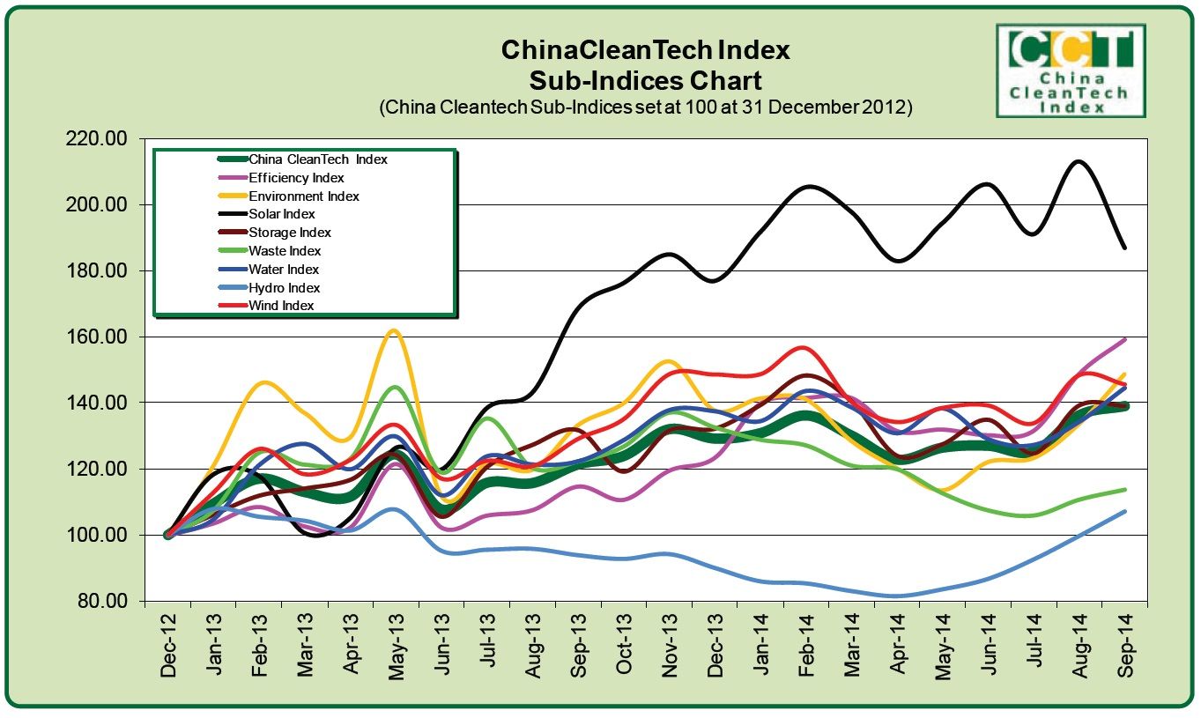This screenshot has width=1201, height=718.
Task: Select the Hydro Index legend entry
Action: pyautogui.click(x=284, y=288)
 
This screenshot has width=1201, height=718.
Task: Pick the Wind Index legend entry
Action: pyautogui.click(x=281, y=306)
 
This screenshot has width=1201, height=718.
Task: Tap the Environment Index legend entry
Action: pyautogui.click(x=304, y=196)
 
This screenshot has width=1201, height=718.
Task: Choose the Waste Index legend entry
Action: pyautogui.click(x=284, y=251)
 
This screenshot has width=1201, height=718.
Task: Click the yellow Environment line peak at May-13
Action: pyautogui.click(x=394, y=330)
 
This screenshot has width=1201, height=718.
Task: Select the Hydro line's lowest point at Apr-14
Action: pyautogui.click(x=896, y=596)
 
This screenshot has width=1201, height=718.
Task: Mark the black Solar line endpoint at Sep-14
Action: pyautogui.click(x=1125, y=248)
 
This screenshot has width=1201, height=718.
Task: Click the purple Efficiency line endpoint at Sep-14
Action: pyautogui.click(x=1125, y=339)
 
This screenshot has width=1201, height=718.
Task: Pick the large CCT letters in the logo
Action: pyautogui.click(x=1071, y=49)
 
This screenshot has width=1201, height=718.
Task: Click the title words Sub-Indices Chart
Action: pyautogui.click(x=645, y=81)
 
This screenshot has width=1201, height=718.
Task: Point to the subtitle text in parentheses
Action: pyautogui.click(x=645, y=107)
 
